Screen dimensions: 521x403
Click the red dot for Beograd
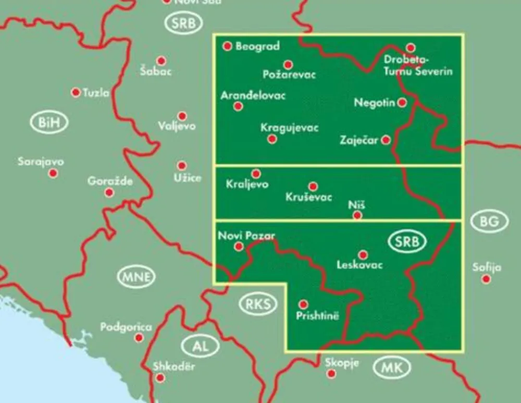[227, 46]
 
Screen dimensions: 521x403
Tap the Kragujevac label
[290, 128]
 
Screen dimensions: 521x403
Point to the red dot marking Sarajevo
[53, 173]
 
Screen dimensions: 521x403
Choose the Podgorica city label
[126, 327]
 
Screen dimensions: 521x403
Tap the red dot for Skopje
[331, 373]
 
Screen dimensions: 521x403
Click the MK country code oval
[392, 368]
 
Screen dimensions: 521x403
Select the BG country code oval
[490, 222]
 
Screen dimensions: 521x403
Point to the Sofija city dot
[486, 279]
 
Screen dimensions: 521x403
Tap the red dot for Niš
[357, 215]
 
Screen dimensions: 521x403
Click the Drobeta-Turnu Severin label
[418, 66]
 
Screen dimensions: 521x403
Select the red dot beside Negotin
[402, 102]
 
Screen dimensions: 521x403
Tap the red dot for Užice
[181, 166]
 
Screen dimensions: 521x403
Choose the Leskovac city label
[360, 265]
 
